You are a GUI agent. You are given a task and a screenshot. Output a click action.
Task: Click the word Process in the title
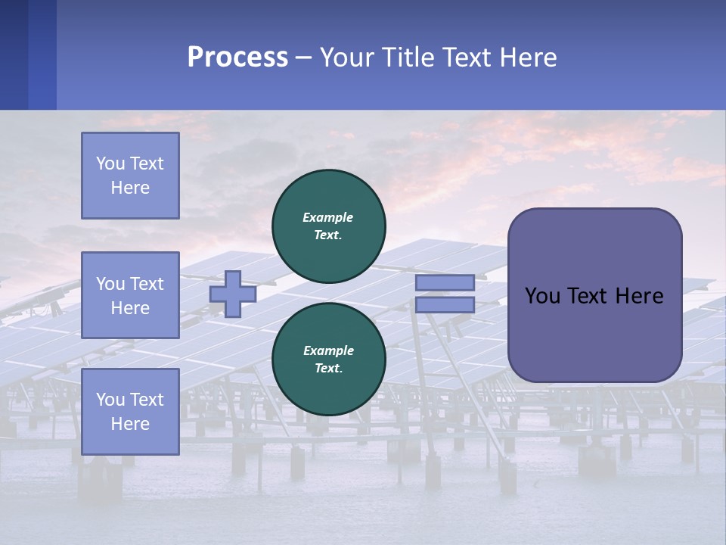237,58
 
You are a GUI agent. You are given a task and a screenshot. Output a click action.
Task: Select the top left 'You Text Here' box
130,176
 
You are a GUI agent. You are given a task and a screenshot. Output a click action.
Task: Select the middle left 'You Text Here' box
130,295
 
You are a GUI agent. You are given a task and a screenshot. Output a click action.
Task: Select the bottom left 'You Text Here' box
130,412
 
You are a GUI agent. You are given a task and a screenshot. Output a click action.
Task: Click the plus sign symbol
233,294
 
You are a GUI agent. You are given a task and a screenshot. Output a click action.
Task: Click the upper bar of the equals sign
445,283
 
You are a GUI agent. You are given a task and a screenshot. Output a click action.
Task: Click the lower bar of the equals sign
445,305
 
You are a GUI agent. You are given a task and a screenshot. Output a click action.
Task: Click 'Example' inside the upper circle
328,217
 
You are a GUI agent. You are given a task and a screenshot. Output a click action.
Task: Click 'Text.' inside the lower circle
328,369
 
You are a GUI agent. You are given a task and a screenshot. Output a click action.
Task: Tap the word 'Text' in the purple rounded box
590,296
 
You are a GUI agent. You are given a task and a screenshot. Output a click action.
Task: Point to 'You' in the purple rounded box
544,296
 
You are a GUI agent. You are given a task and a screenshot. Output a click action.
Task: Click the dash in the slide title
304,58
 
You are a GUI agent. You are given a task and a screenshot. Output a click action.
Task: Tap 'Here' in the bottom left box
130,424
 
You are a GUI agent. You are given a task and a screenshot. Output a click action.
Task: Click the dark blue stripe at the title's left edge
14,54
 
